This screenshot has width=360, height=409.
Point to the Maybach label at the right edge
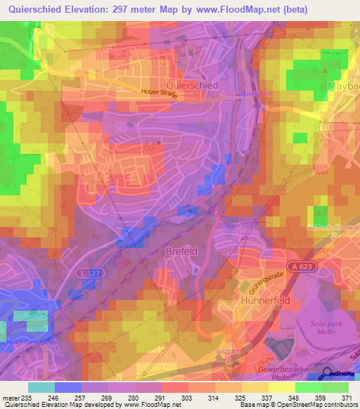click(343, 86)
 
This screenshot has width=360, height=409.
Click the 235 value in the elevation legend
click(27, 397)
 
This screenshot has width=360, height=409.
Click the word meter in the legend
click(9, 397)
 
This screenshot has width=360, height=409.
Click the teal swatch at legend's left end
click(41, 387)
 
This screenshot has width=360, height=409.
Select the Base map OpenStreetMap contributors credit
click(298, 405)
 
